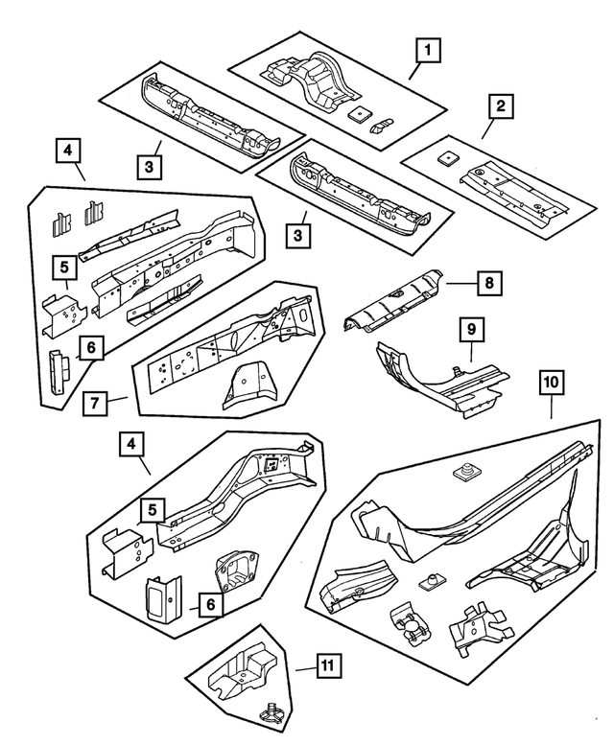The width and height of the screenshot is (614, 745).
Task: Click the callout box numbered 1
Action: pos(428,48)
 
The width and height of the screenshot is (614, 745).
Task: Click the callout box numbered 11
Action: pos(327,665)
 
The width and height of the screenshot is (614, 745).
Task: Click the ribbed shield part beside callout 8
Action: pos(393,302)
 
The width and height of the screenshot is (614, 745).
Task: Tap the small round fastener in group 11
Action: pos(272,710)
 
